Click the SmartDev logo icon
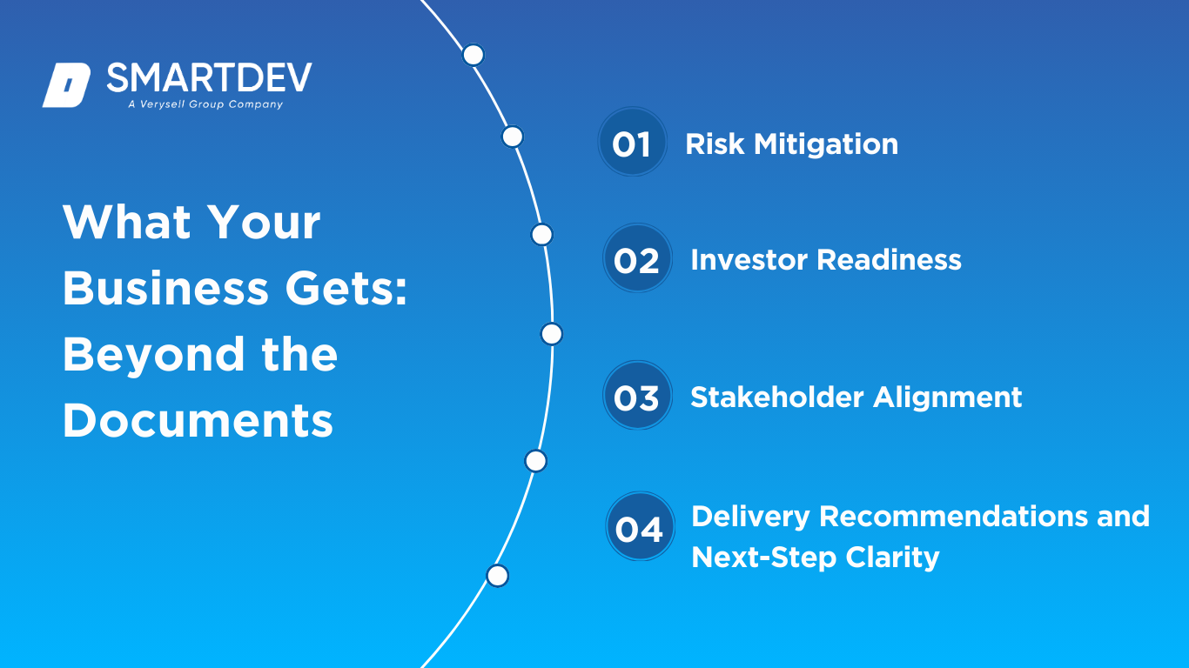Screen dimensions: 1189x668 coord(66,85)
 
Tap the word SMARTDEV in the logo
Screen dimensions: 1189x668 coord(209,77)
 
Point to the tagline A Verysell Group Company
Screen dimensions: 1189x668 coord(205,104)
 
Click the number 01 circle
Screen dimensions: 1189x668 coord(632,142)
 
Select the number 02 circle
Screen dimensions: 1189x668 coord(637,257)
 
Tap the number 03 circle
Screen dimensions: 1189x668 coord(637,395)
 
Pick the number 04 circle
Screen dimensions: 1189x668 coord(640,526)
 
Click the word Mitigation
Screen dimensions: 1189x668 coord(826,145)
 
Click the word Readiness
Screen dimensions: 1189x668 coord(889,260)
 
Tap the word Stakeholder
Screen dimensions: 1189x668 coord(777,397)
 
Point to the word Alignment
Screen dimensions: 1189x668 coord(948,398)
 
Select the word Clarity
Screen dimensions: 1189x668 coord(892,558)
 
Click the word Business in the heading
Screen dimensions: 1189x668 coord(165,288)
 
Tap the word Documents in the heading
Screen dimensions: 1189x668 coord(198,420)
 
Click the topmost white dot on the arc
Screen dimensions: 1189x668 coord(474,55)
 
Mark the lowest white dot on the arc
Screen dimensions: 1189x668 coord(497,576)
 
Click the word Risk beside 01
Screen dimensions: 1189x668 coord(715,144)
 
